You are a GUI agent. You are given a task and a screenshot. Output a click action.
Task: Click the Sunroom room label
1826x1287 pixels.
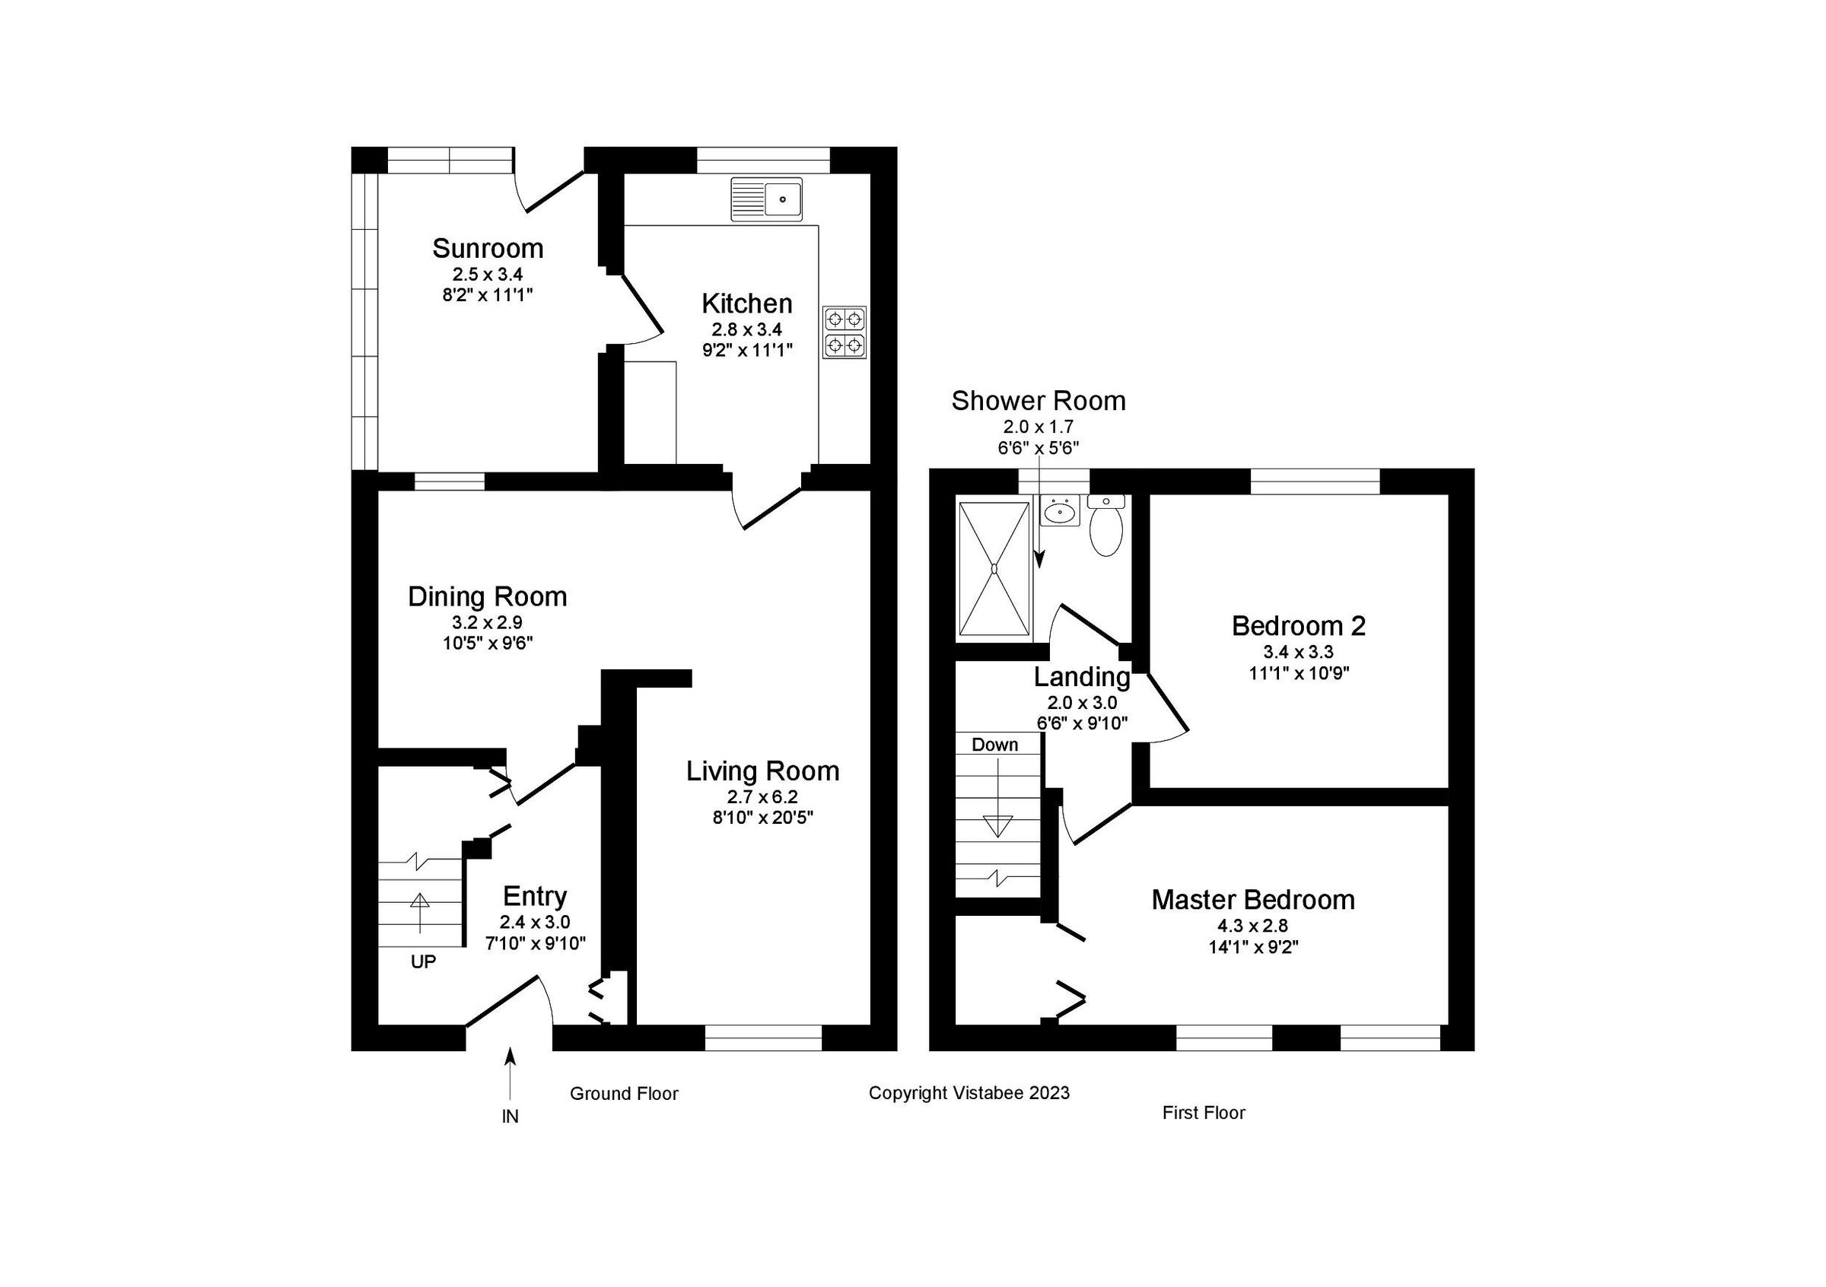tap(488, 249)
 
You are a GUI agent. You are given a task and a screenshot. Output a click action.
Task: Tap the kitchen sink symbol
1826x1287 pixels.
tap(768, 199)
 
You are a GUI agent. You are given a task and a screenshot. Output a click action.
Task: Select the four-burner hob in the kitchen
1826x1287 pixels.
tap(845, 332)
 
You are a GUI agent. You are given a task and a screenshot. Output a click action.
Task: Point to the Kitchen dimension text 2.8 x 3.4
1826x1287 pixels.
tap(747, 329)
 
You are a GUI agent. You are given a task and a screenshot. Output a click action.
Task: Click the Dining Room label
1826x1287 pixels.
tap(488, 597)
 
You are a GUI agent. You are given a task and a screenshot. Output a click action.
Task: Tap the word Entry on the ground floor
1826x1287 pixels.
tap(534, 897)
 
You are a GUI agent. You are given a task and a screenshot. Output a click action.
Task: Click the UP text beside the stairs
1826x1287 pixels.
tap(423, 962)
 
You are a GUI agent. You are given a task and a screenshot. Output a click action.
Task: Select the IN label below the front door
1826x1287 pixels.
tap(510, 1117)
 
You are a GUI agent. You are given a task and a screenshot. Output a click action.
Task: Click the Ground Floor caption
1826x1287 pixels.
tap(624, 1094)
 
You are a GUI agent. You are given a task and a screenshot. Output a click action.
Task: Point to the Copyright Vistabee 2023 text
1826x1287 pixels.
tap(969, 1093)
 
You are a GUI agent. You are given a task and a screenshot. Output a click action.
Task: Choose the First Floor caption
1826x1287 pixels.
tap(1204, 1113)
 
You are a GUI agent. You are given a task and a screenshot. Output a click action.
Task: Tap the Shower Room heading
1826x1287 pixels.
tap(1038, 402)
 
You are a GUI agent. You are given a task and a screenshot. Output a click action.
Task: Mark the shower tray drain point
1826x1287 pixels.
tap(994, 568)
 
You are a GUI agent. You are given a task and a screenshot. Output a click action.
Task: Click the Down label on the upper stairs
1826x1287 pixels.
tap(995, 745)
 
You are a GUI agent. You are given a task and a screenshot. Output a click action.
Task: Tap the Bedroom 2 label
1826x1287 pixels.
tap(1298, 627)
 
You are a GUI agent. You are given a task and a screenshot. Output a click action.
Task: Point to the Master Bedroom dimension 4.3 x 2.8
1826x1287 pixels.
tap(1252, 925)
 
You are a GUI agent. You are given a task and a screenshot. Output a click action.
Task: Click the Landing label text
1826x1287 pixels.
tap(1082, 677)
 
